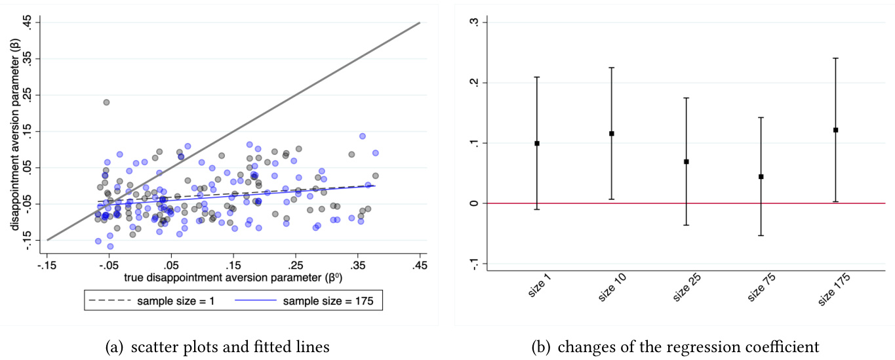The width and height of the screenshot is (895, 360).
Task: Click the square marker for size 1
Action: point(537,143)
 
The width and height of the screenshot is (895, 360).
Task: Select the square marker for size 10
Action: point(612,134)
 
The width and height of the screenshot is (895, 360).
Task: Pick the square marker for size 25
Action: point(686,161)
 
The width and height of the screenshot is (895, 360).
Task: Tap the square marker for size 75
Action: point(761,176)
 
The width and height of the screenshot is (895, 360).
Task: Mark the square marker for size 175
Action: point(836,130)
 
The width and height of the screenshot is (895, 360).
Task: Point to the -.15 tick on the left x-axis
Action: point(47,266)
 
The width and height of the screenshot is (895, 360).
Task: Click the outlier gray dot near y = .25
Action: point(106,102)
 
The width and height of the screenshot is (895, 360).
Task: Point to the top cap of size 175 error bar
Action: point(836,58)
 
